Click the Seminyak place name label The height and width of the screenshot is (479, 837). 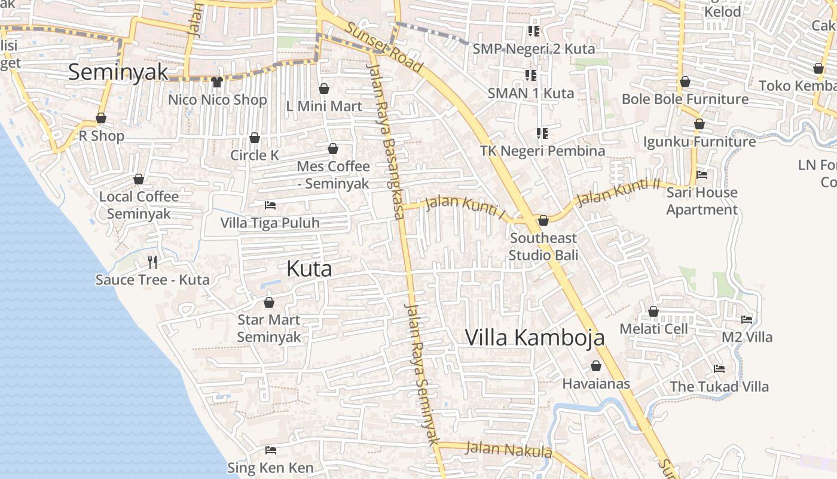point(118,72)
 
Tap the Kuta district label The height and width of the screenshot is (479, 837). point(309,269)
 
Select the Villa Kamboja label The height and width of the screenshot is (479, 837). point(534,338)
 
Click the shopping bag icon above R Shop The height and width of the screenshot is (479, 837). point(101,119)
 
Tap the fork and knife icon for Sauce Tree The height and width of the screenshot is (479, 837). point(152,262)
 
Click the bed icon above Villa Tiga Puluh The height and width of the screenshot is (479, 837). point(270,205)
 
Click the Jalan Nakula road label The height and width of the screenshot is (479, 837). point(508,449)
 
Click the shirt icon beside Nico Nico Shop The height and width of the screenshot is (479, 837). point(216,82)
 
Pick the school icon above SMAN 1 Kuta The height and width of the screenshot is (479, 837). point(531,75)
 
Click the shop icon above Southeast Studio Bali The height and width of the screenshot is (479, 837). point(543,221)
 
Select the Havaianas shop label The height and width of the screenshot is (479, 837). point(596,383)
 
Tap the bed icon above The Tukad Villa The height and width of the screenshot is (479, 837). point(719,369)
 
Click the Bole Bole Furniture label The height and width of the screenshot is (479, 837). point(685,99)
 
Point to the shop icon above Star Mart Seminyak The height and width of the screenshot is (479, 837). point(269,302)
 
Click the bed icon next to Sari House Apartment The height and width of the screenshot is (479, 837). point(702,175)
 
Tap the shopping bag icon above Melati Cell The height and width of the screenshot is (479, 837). point(653,312)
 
